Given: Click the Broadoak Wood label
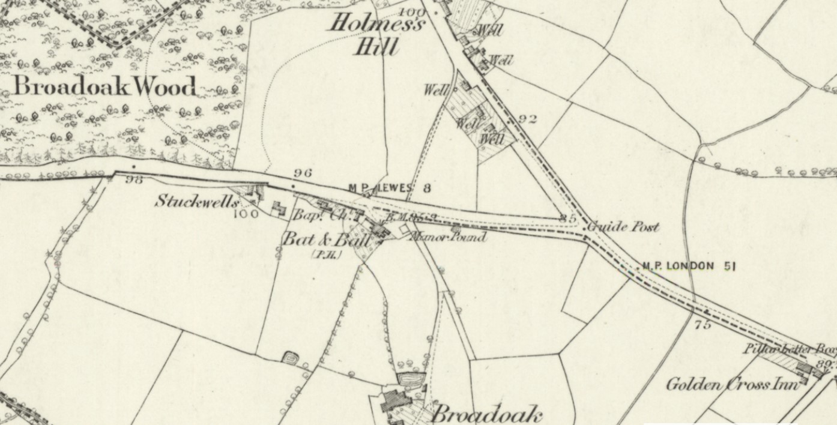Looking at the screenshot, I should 105,86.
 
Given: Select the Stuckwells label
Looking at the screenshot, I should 196,200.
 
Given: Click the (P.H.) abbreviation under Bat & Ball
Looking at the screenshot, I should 327,255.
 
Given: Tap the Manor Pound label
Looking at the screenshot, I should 447,237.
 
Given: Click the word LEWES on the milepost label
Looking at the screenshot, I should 394,188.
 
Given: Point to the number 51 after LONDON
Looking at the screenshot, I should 729,266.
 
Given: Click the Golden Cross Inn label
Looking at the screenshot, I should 733,384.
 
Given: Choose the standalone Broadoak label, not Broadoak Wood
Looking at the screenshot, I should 487,414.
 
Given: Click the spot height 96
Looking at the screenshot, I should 303,173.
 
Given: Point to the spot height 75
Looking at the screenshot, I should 702,325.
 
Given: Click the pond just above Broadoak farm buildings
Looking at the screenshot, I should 411,379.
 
